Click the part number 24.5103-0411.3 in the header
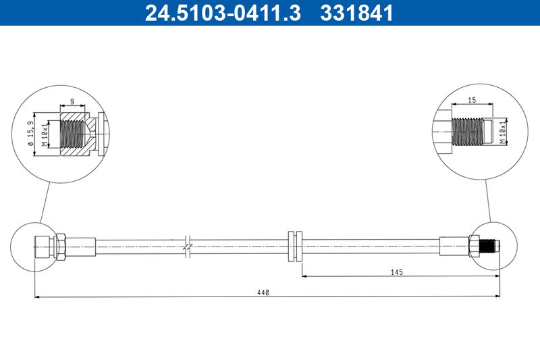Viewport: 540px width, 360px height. click(x=223, y=13)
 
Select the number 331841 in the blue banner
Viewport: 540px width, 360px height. click(x=356, y=13)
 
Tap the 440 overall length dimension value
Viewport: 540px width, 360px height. click(x=263, y=293)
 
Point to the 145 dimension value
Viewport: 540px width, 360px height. click(x=397, y=272)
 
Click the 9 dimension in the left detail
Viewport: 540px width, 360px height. click(x=72, y=101)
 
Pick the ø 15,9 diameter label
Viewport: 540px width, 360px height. click(x=30, y=134)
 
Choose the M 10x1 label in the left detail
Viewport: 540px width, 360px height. click(x=45, y=134)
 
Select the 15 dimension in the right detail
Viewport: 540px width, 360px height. click(x=472, y=100)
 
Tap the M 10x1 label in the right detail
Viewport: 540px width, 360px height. click(x=503, y=132)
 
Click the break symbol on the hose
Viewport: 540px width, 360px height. click(x=188, y=247)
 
